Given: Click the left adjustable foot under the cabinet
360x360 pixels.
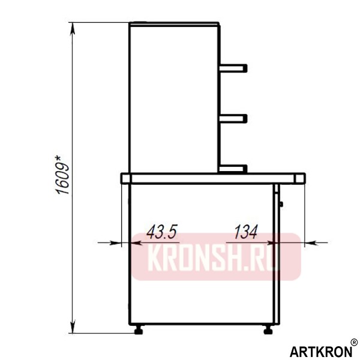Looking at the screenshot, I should coord(140,328).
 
